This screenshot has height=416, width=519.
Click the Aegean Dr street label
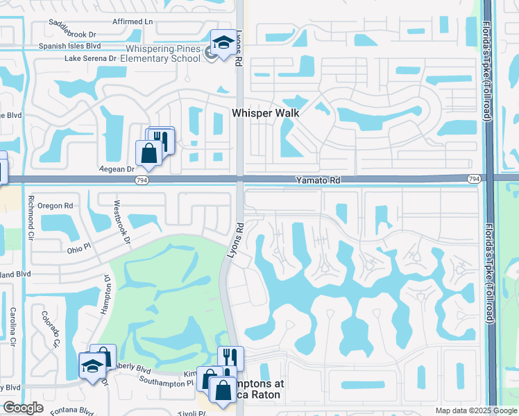click(115, 169)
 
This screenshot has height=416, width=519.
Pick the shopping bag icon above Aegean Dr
click(149, 153)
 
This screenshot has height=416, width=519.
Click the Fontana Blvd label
click(77, 410)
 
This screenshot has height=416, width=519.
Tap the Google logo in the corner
click(23, 408)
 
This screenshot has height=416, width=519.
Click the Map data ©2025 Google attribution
click(475, 410)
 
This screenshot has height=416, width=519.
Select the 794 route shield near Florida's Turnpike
click(474, 179)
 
